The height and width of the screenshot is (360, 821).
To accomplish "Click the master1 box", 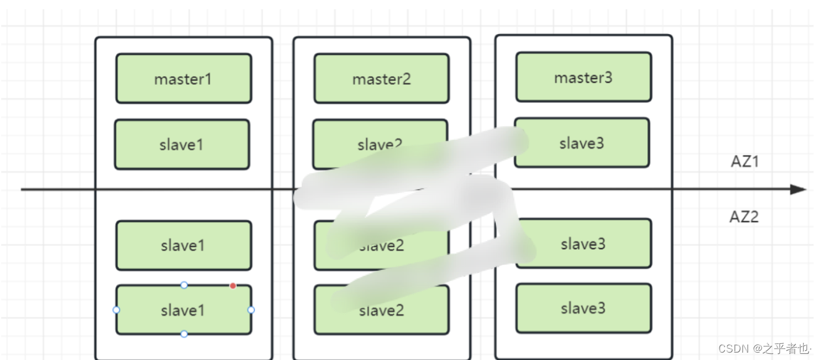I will pos(184,79).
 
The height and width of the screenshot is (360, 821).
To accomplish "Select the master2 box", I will pos(381,79).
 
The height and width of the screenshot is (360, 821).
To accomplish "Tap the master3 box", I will pos(583,77).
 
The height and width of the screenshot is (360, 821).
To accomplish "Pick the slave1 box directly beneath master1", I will pos(182,144).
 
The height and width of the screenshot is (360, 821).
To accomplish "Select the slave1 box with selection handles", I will pos(184,310).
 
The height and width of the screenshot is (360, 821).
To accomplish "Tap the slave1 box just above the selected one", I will pos(184,246).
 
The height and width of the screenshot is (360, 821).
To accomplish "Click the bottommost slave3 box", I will pos(583,308).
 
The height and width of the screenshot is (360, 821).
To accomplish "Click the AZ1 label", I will pos(744,162).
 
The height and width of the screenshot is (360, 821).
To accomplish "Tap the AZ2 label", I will pos(744,217).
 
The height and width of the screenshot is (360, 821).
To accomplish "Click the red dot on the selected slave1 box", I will pos(233,286).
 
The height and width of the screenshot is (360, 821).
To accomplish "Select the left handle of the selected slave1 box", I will pos(116,310).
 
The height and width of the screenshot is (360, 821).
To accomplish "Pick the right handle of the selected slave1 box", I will pos(251,310).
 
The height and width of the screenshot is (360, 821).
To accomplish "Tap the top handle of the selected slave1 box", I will pos(184,285).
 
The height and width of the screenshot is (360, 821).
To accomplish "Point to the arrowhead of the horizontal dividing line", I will pos(799,189).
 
